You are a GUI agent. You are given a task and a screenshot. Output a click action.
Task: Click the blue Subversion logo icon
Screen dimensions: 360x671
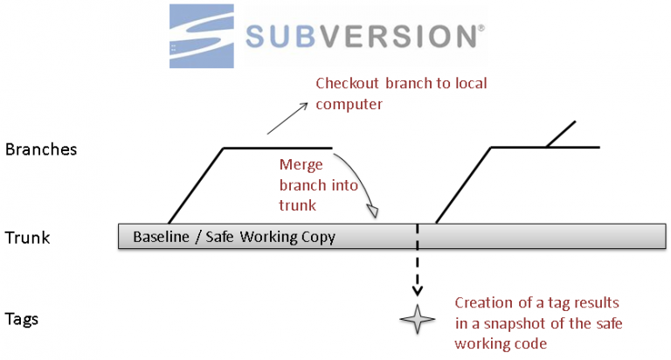200,35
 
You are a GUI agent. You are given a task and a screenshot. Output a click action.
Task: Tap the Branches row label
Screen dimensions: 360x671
41,149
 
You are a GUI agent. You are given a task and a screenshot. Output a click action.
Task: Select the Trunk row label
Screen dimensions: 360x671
27,237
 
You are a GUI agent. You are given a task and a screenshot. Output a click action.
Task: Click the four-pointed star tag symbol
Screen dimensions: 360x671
417,320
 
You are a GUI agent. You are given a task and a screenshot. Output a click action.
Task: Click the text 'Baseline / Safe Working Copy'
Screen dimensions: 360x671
233,237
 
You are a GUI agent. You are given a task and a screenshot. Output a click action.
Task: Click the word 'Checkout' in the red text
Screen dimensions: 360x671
348,85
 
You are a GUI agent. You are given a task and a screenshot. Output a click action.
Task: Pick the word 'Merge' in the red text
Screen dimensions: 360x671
299,164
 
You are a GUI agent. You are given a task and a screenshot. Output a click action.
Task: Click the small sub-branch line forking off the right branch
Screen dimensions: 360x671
561,134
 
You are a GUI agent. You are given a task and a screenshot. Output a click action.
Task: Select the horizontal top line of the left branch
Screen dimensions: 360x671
278,148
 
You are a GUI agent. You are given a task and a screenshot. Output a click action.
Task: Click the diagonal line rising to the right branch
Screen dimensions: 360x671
463,184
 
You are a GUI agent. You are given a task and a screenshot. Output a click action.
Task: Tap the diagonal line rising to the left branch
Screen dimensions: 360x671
196,184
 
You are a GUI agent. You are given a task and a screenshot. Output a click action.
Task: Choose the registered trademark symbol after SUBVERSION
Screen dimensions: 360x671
481,28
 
